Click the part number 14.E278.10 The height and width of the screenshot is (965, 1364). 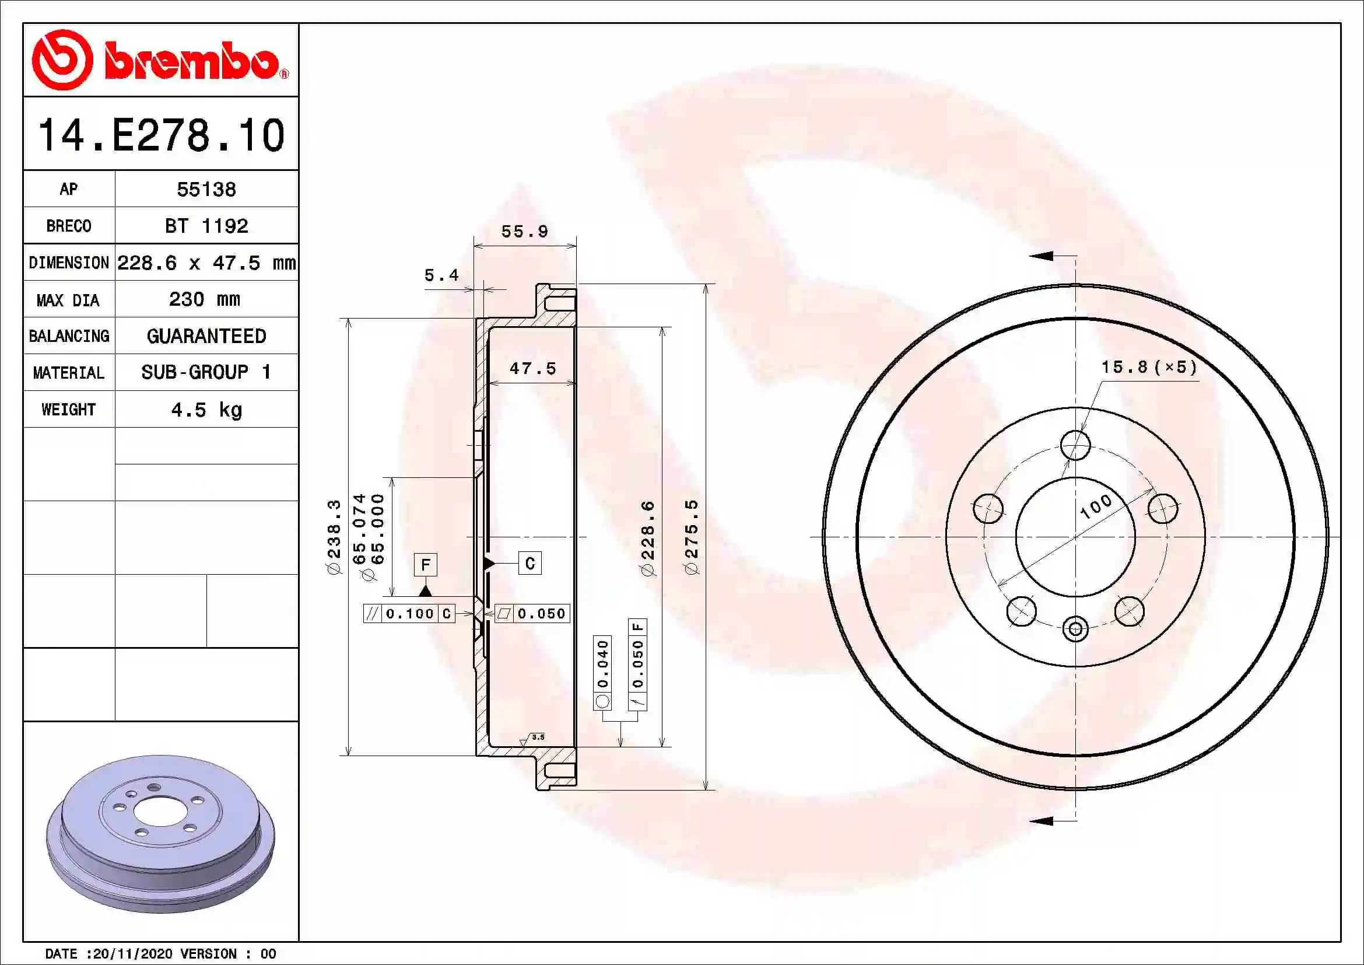pyautogui.click(x=161, y=135)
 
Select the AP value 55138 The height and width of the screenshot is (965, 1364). pyautogui.click(x=206, y=190)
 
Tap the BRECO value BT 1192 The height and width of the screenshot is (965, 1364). pyautogui.click(x=206, y=226)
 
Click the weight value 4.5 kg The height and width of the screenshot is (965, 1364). pyautogui.click(x=206, y=410)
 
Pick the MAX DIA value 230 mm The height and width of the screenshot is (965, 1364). pyautogui.click(x=204, y=299)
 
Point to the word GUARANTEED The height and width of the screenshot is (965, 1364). pyautogui.click(x=206, y=336)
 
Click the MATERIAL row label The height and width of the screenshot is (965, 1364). pyautogui.click(x=68, y=373)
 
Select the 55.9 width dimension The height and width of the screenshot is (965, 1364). pyautogui.click(x=524, y=232)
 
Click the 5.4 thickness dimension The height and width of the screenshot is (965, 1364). pyautogui.click(x=441, y=276)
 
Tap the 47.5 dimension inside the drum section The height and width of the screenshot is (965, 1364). pyautogui.click(x=533, y=369)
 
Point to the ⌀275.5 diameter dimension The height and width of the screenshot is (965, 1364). pyautogui.click(x=692, y=537)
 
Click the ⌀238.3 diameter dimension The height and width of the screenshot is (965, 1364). pyautogui.click(x=334, y=537)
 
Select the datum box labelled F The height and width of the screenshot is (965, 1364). pyautogui.click(x=425, y=565)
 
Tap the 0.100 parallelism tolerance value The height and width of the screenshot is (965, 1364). pyautogui.click(x=410, y=614)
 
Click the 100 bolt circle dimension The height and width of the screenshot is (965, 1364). pyautogui.click(x=1096, y=506)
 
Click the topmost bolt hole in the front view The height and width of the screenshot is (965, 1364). pyautogui.click(x=1075, y=445)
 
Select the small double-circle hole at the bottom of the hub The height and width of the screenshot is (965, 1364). pyautogui.click(x=1075, y=630)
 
